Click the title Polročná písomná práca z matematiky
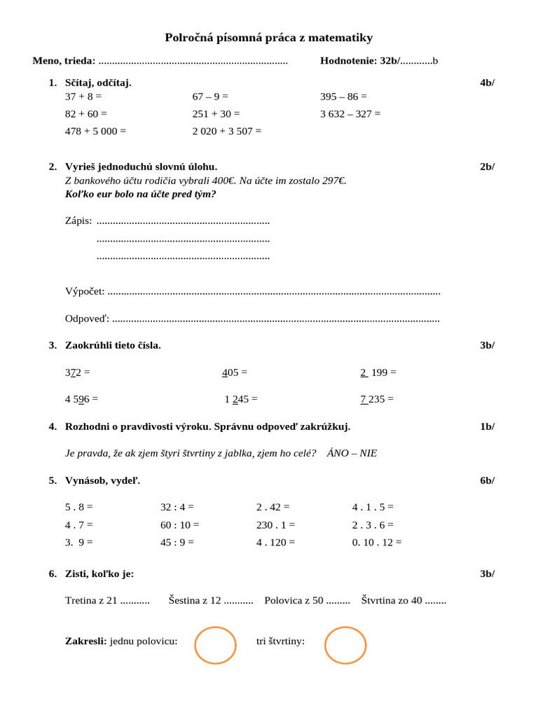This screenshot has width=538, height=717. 268,38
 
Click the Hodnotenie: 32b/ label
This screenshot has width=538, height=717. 360,61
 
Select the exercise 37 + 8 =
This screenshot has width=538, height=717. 83,97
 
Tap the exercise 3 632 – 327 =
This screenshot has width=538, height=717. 350,113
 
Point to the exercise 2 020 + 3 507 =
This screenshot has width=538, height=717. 227,131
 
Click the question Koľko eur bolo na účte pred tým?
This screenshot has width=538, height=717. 140,194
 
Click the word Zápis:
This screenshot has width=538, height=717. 78,221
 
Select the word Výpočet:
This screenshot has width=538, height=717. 85,291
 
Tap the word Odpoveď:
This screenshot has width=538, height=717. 87,319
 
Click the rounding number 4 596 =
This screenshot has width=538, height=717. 81,399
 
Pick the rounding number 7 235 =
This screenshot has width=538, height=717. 377,399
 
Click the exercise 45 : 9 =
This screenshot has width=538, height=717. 177,542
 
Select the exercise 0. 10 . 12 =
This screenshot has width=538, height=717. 377,542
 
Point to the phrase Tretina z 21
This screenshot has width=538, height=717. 91,600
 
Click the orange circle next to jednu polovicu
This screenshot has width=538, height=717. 215,645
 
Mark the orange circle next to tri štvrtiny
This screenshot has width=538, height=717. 346,645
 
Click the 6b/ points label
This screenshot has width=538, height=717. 487,480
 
